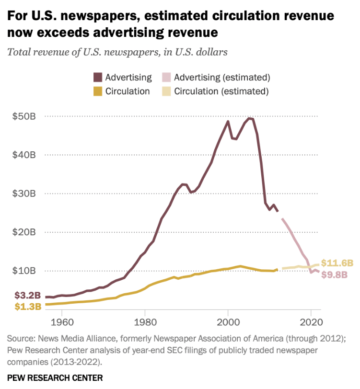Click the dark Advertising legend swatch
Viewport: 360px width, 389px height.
pyautogui.click(x=98, y=77)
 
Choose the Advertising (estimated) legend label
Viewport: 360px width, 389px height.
pyautogui.click(x=222, y=77)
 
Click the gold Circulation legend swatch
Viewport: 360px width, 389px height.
pyautogui.click(x=98, y=91)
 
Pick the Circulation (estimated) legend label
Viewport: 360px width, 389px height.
pyautogui.click(x=221, y=91)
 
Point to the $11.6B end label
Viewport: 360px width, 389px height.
pyautogui.click(x=337, y=263)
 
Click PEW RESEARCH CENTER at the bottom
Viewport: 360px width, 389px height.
pyautogui.click(x=55, y=378)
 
